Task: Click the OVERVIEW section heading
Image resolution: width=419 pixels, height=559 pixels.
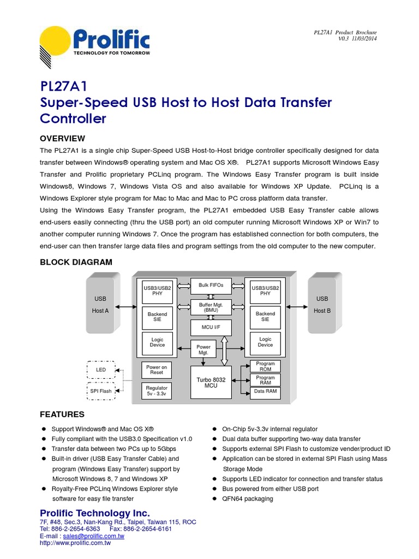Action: click(62, 138)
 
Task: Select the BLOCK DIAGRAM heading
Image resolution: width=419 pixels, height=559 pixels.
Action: click(76, 262)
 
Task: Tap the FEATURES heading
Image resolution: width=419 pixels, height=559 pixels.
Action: click(62, 414)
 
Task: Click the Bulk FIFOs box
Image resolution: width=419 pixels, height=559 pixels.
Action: click(211, 286)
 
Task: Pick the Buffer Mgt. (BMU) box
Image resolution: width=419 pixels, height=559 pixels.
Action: click(211, 307)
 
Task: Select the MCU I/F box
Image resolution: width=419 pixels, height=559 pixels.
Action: click(211, 328)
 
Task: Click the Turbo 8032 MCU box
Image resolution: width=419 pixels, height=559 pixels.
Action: click(211, 383)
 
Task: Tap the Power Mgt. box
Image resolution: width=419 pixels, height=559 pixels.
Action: click(203, 349)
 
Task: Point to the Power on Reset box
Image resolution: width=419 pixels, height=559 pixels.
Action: click(157, 370)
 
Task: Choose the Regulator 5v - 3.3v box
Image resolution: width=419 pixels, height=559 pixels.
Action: click(157, 391)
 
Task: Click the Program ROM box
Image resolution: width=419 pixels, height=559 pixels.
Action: click(265, 366)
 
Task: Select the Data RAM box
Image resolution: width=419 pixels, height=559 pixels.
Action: click(265, 391)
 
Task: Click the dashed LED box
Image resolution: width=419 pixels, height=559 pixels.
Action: click(101, 370)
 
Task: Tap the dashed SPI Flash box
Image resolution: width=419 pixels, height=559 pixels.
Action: click(101, 391)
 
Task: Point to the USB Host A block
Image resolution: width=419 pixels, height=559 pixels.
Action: click(100, 305)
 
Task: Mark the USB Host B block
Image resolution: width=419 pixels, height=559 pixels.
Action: click(322, 305)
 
